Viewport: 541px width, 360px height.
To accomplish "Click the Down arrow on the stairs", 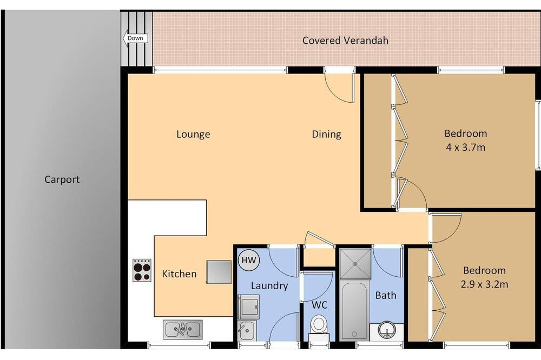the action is pyautogui.click(x=135, y=38).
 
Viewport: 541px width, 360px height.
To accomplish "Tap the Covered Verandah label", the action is pyautogui.click(x=345, y=41).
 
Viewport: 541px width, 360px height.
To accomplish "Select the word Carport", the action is pyautogui.click(x=62, y=179).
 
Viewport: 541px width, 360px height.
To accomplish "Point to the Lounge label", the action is pyautogui.click(x=193, y=134).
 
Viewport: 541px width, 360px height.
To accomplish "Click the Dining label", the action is pyautogui.click(x=326, y=134).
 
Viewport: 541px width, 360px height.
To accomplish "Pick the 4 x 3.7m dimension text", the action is pyautogui.click(x=466, y=148).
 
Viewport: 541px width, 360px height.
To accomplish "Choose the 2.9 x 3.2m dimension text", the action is pyautogui.click(x=484, y=284).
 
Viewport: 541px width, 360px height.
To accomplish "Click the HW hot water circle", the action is pyautogui.click(x=249, y=260).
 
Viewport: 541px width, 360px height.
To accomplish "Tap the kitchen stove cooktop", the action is pyautogui.click(x=142, y=270).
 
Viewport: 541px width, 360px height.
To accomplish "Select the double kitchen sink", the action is pyautogui.click(x=182, y=330).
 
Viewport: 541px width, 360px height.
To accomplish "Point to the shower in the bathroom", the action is pyautogui.click(x=355, y=263).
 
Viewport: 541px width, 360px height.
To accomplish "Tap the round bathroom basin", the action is pyautogui.click(x=387, y=330).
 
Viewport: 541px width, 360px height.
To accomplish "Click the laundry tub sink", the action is pyautogui.click(x=247, y=331).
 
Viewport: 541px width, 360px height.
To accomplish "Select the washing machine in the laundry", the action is pyautogui.click(x=248, y=306).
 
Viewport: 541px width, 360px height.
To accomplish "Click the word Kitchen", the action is pyautogui.click(x=180, y=274).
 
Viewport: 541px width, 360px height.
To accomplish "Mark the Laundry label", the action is pyautogui.click(x=269, y=286).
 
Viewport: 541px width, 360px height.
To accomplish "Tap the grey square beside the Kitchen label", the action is pyautogui.click(x=219, y=272).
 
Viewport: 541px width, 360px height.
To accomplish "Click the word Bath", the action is pyautogui.click(x=386, y=295).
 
